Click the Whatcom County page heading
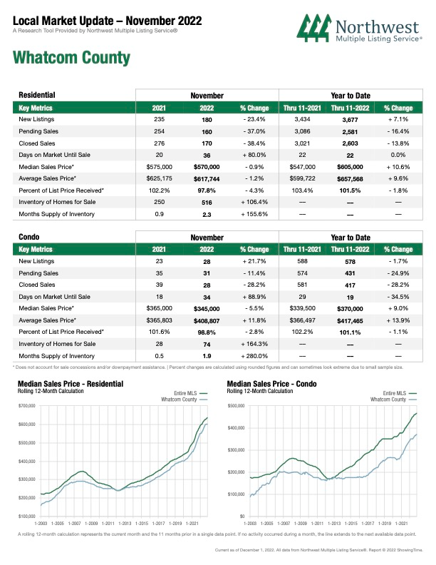click(71, 58)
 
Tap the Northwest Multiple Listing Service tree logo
click(314, 28)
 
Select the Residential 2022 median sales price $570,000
click(207, 167)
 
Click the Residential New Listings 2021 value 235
click(159, 119)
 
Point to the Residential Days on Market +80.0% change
click(254, 155)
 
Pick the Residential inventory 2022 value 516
click(207, 203)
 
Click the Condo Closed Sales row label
click(37, 285)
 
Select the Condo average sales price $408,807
click(207, 321)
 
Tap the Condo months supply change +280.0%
click(254, 356)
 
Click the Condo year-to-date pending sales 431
click(350, 273)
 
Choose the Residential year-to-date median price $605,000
click(350, 167)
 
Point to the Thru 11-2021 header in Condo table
click(302, 250)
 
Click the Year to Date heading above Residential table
click(351, 96)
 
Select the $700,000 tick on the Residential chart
click(26, 406)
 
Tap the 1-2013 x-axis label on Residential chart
click(125, 523)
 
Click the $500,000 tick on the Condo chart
click(236, 406)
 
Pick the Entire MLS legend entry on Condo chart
click(400, 393)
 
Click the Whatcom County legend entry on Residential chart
click(185, 399)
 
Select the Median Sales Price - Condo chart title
click(271, 384)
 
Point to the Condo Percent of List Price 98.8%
click(207, 332)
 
